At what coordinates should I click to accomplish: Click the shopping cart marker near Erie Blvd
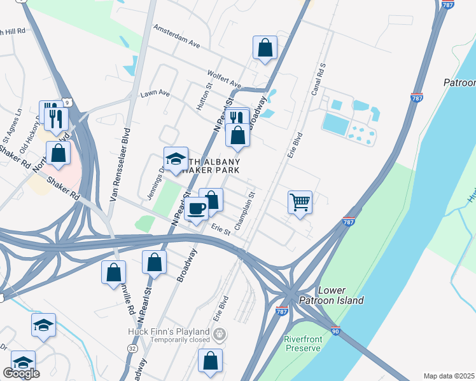(300, 203)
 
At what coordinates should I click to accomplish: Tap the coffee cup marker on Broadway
(197, 208)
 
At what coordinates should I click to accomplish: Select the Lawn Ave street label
(155, 94)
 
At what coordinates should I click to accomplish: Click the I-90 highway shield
(335, 331)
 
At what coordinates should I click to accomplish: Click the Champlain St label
(244, 211)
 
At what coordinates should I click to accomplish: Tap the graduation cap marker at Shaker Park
(176, 159)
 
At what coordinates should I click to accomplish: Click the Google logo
(21, 373)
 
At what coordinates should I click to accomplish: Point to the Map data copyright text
(449, 376)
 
